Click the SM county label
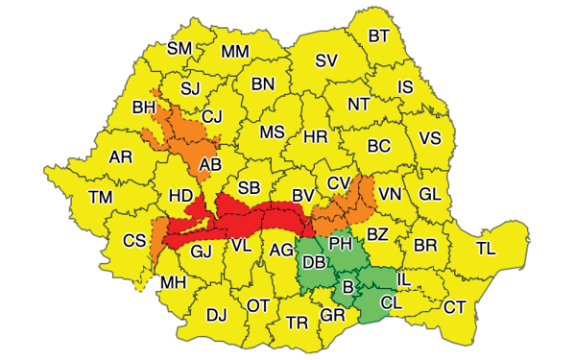coord(180,48)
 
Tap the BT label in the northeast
coord(380,36)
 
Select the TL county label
coord(487,249)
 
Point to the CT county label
coord(455,307)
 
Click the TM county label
coord(100,197)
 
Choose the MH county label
coord(174,283)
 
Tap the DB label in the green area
coord(313,263)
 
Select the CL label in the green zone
coord(391,302)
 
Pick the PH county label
coord(341,244)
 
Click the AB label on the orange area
coord(210,165)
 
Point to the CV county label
coord(339,182)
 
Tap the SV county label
coord(326,60)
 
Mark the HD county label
coord(180,195)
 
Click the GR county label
coord(332,315)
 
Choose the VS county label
coord(429,139)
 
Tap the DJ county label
coord(217,314)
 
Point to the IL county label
coord(403,278)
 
